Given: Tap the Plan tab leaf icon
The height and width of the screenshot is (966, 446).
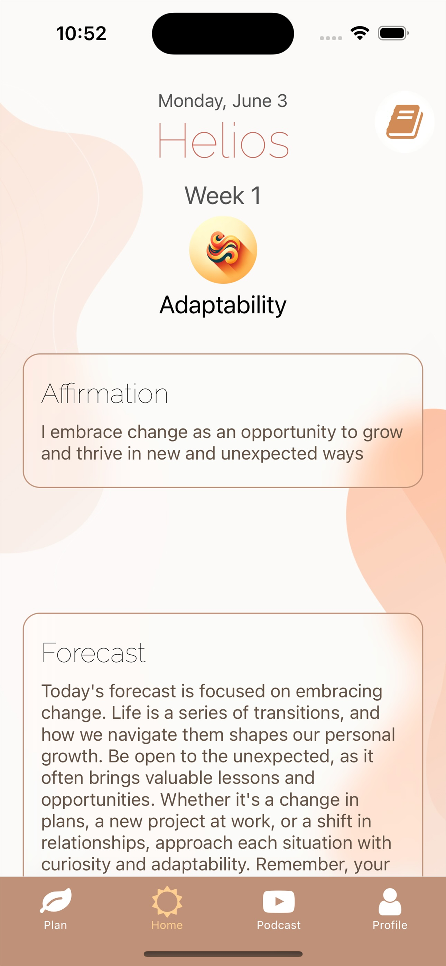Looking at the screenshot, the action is pyautogui.click(x=56, y=900).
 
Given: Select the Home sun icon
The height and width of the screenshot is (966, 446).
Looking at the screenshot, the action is pyautogui.click(x=167, y=901).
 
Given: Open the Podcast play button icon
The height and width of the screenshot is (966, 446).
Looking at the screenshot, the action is pyautogui.click(x=279, y=901).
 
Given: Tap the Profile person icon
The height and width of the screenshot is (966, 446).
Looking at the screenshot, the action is pyautogui.click(x=390, y=901).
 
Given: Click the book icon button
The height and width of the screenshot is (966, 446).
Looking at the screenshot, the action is pyautogui.click(x=405, y=122).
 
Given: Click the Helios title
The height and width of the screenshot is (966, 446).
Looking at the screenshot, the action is pyautogui.click(x=223, y=140).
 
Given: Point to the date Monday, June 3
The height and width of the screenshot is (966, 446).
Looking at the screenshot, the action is pyautogui.click(x=223, y=101).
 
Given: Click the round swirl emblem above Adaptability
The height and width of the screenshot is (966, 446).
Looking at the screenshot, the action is pyautogui.click(x=223, y=250).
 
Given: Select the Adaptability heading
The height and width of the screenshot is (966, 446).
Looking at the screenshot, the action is pyautogui.click(x=223, y=305).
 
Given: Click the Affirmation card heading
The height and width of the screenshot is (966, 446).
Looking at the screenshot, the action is pyautogui.click(x=104, y=394).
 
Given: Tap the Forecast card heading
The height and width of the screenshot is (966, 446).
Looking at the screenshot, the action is pyautogui.click(x=93, y=653).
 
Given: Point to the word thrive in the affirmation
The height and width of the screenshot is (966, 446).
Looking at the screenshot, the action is pyautogui.click(x=100, y=453).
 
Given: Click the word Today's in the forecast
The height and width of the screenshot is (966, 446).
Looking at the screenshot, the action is pyautogui.click(x=73, y=691).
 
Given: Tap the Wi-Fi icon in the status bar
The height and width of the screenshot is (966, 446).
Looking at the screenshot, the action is pyautogui.click(x=360, y=33).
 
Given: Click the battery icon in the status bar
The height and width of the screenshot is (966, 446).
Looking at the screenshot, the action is pyautogui.click(x=393, y=33).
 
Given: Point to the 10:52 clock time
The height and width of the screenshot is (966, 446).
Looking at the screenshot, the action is pyautogui.click(x=81, y=34).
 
